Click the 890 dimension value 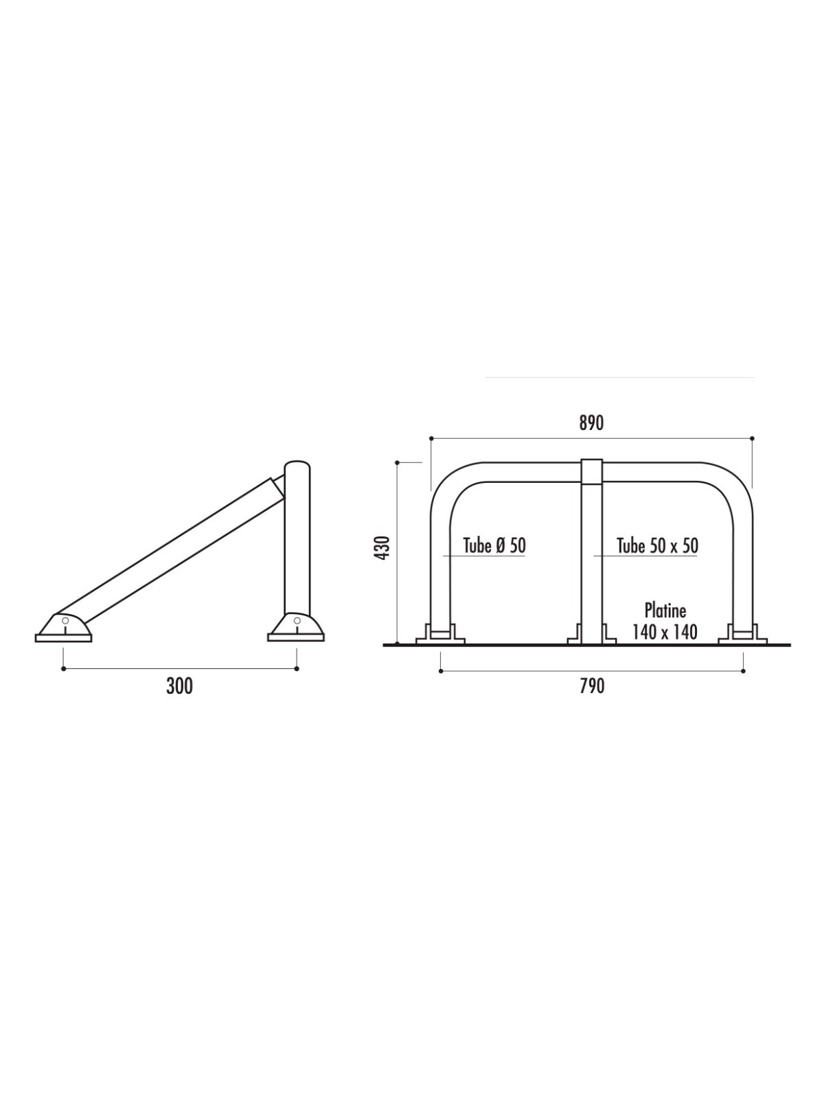[x=591, y=424]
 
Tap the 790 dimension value [x=592, y=686]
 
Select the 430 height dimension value [x=382, y=547]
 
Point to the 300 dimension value [x=180, y=686]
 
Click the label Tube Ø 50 [x=495, y=545]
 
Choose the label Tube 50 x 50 [x=657, y=545]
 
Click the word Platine [x=665, y=611]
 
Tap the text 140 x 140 [x=665, y=632]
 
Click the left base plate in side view [x=64, y=638]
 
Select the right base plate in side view [x=296, y=637]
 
